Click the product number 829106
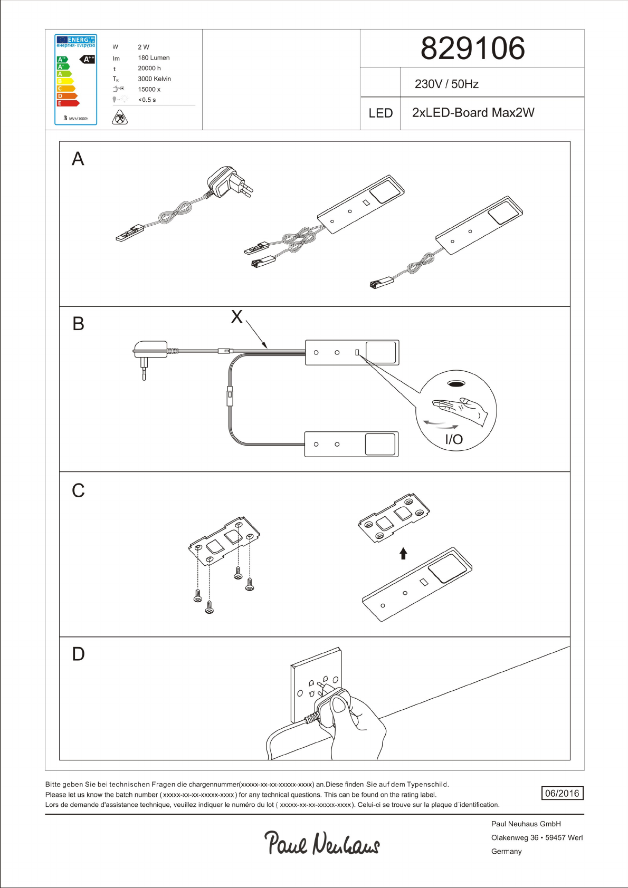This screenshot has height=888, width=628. pyautogui.click(x=472, y=49)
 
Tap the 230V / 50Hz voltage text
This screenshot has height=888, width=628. pyautogui.click(x=446, y=84)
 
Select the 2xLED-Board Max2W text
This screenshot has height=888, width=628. pyautogui.click(x=473, y=113)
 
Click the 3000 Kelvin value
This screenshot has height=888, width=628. pyautogui.click(x=154, y=79)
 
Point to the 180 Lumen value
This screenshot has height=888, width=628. pyautogui.click(x=154, y=58)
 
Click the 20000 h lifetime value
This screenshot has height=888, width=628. pyautogui.click(x=149, y=69)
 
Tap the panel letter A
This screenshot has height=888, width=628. pyautogui.click(x=78, y=159)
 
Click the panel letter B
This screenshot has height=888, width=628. pyautogui.click(x=78, y=324)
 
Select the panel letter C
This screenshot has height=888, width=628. pyautogui.click(x=78, y=491)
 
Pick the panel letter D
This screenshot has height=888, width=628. pyautogui.click(x=78, y=654)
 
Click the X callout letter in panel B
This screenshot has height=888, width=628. pyautogui.click(x=237, y=317)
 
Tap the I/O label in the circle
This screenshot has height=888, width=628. pyautogui.click(x=454, y=439)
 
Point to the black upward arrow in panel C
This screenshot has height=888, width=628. pyautogui.click(x=403, y=553)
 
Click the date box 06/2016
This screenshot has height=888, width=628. pyautogui.click(x=562, y=793)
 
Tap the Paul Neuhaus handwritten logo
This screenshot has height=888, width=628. pyautogui.click(x=322, y=842)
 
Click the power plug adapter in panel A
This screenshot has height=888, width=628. pyautogui.click(x=230, y=181)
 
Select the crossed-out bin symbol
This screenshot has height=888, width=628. pyautogui.click(x=120, y=117)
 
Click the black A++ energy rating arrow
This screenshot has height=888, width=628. pyautogui.click(x=88, y=59)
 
